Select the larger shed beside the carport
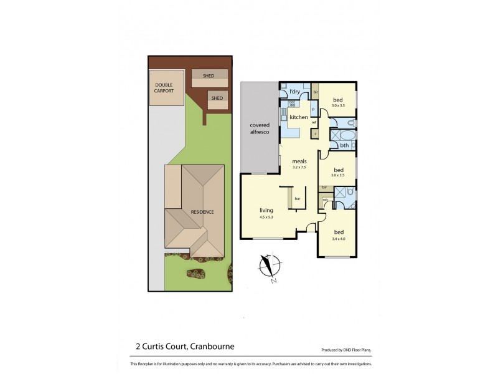tap(208, 76)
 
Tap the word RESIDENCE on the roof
tap(202, 212)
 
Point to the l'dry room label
tap(295, 92)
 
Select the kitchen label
tap(298, 117)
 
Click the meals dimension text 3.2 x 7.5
tap(300, 167)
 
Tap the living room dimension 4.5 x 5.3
tap(266, 217)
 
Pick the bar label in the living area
tap(298, 199)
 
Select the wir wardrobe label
tap(325, 199)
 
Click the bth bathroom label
tap(344, 146)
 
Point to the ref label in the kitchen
tap(314, 122)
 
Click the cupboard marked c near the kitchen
tap(315, 133)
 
